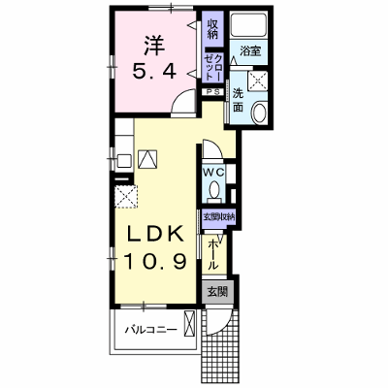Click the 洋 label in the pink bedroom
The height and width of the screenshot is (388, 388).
tap(154, 45)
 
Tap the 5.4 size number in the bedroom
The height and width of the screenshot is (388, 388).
tap(154, 72)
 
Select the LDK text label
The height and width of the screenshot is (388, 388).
tap(156, 234)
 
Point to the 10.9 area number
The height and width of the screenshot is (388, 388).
tap(155, 261)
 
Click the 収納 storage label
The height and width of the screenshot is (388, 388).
tap(212, 29)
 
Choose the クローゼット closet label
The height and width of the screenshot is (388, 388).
tap(213, 67)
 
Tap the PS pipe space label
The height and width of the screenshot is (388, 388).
tap(213, 92)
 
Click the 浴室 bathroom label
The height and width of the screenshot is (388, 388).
tap(250, 50)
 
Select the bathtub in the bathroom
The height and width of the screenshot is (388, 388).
tap(248, 24)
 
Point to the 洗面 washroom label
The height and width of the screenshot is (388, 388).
tap(239, 100)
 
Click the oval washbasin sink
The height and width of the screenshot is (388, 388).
tap(259, 112)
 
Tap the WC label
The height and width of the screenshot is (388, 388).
tap(213, 173)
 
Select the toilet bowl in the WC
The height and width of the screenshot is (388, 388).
tap(213, 191)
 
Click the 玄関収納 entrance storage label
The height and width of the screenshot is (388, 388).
tap(218, 217)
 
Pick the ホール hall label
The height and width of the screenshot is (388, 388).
tap(212, 255)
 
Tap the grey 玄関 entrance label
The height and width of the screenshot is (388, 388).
tap(217, 292)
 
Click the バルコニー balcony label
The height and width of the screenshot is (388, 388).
tap(151, 330)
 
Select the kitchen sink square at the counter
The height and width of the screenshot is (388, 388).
tap(124, 161)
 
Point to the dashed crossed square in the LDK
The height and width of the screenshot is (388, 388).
tap(126, 196)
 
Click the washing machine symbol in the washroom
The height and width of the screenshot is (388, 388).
tap(257, 81)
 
